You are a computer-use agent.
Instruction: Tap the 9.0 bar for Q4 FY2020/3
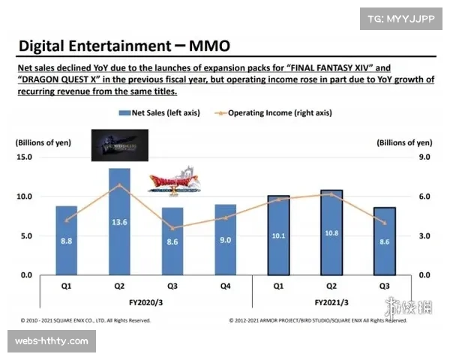pyautogui.click(x=225, y=239)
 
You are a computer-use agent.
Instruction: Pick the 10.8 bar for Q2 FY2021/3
pyautogui.click(x=331, y=232)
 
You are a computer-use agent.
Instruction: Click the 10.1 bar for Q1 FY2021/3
pyautogui.click(x=277, y=235)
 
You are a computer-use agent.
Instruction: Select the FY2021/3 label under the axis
pyautogui.click(x=331, y=301)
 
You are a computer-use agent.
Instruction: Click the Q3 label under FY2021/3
pyautogui.click(x=383, y=286)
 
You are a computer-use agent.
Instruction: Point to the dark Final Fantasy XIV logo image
pyautogui.click(x=119, y=145)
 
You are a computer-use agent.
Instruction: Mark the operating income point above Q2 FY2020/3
pyautogui.click(x=118, y=184)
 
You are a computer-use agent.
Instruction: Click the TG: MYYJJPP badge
pyautogui.click(x=403, y=17)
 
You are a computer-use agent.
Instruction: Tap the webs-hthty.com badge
pyautogui.click(x=52, y=341)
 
